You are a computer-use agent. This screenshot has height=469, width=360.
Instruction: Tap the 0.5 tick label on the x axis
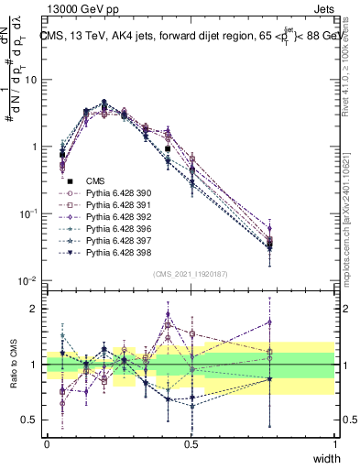(191, 444)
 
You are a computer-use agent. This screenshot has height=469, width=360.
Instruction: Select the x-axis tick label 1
(334, 444)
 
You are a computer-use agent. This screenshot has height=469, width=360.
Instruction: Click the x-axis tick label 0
(47, 444)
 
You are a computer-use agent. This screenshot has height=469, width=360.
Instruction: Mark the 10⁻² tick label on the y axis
(29, 280)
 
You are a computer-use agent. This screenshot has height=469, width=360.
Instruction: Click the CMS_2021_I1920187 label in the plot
(190, 274)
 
